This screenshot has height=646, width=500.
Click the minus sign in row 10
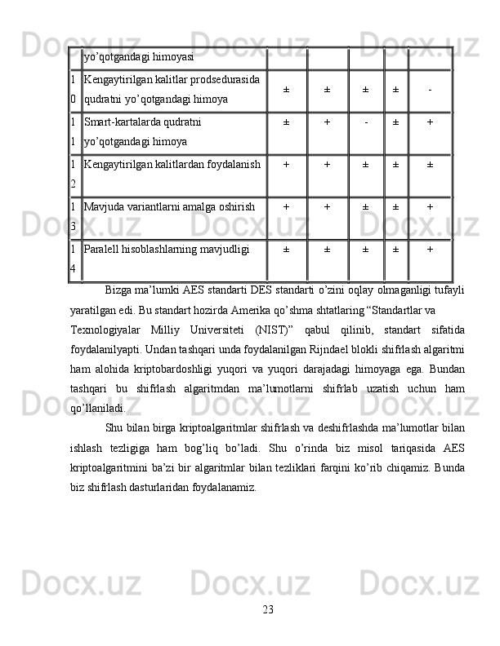click(x=430, y=90)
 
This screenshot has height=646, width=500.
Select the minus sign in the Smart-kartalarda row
click(x=367, y=123)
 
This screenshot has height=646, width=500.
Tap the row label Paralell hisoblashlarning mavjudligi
click(x=165, y=250)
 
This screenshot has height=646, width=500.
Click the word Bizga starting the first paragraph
click(x=121, y=292)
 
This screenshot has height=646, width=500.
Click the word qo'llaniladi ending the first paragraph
click(x=98, y=405)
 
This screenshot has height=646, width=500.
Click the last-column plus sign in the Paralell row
click(x=430, y=250)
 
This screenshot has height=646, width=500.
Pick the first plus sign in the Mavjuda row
click(x=286, y=207)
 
